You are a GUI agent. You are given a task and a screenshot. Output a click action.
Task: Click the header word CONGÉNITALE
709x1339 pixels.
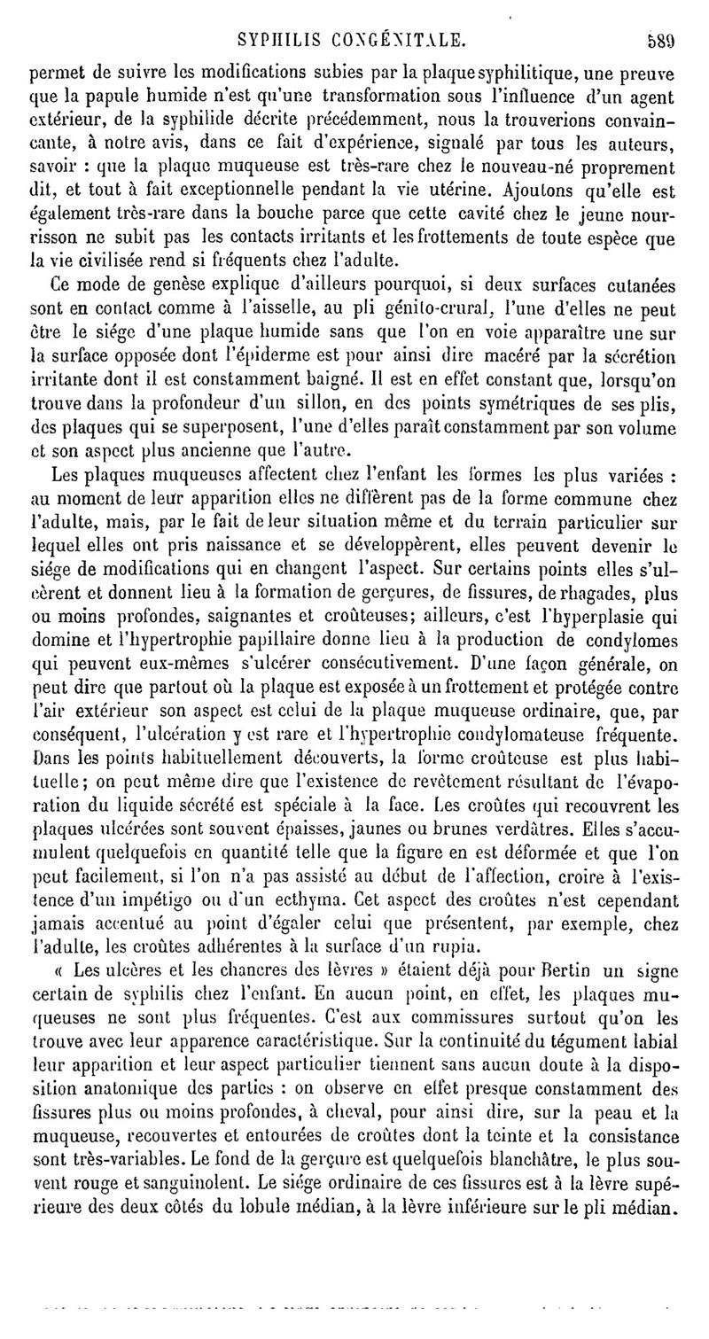click(x=393, y=38)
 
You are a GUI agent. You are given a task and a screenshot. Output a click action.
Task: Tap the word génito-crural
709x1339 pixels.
click(x=474, y=310)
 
